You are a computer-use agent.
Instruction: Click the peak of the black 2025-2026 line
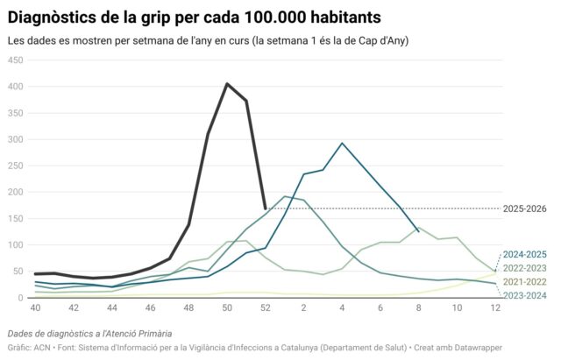(x=227, y=84)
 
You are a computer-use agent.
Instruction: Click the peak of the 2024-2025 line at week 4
(x=342, y=143)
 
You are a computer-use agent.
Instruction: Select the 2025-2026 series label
(x=524, y=208)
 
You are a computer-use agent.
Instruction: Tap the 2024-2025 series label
(x=524, y=254)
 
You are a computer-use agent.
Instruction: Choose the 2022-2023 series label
(x=524, y=268)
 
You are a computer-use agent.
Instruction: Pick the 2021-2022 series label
(x=524, y=282)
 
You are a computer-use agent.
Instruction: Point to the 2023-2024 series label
(x=524, y=296)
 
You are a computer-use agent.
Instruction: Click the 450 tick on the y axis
(x=15, y=60)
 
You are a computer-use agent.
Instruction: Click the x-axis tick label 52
(x=266, y=308)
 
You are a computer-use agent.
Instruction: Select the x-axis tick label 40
(x=35, y=308)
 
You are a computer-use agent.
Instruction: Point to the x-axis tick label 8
(x=419, y=308)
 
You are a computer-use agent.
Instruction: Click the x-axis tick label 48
(x=188, y=308)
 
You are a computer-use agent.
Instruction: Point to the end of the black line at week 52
(x=266, y=208)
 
